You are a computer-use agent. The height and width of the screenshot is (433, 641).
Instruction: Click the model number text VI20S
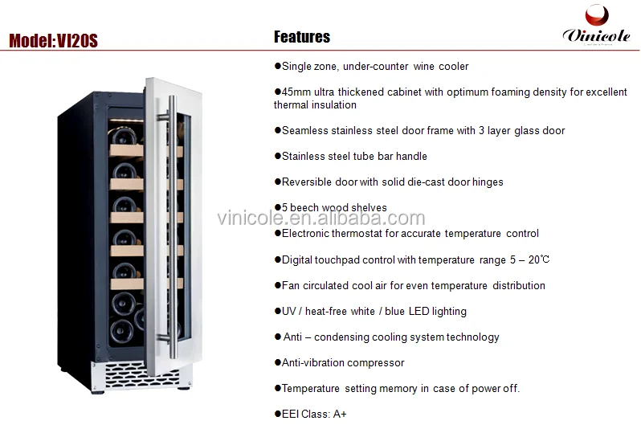(77, 41)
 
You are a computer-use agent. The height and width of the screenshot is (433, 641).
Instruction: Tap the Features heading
(302, 37)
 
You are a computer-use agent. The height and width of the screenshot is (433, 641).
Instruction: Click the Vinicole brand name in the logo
(596, 35)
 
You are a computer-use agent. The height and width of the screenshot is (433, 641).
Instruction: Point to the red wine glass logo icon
(597, 14)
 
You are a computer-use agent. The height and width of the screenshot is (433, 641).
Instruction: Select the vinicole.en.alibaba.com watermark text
(321, 218)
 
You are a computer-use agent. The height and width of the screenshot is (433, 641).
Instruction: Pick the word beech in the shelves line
(304, 208)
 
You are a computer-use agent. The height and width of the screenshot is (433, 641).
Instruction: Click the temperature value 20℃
(539, 259)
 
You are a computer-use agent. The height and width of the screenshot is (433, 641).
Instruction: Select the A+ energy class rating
(340, 415)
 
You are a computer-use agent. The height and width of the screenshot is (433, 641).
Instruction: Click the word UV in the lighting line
(288, 311)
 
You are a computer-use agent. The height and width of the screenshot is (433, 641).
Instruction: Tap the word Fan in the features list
(290, 285)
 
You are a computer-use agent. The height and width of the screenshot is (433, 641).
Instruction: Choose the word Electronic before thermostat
(305, 234)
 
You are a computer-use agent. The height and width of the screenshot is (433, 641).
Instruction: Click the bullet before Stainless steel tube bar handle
(278, 156)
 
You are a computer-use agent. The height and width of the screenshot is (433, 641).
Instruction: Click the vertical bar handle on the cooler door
(172, 227)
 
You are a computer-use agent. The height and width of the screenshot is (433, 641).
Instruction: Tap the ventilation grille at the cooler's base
(141, 375)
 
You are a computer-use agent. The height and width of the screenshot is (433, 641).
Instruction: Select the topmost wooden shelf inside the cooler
(126, 150)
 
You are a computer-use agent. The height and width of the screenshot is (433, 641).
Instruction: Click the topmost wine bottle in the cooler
(122, 135)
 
